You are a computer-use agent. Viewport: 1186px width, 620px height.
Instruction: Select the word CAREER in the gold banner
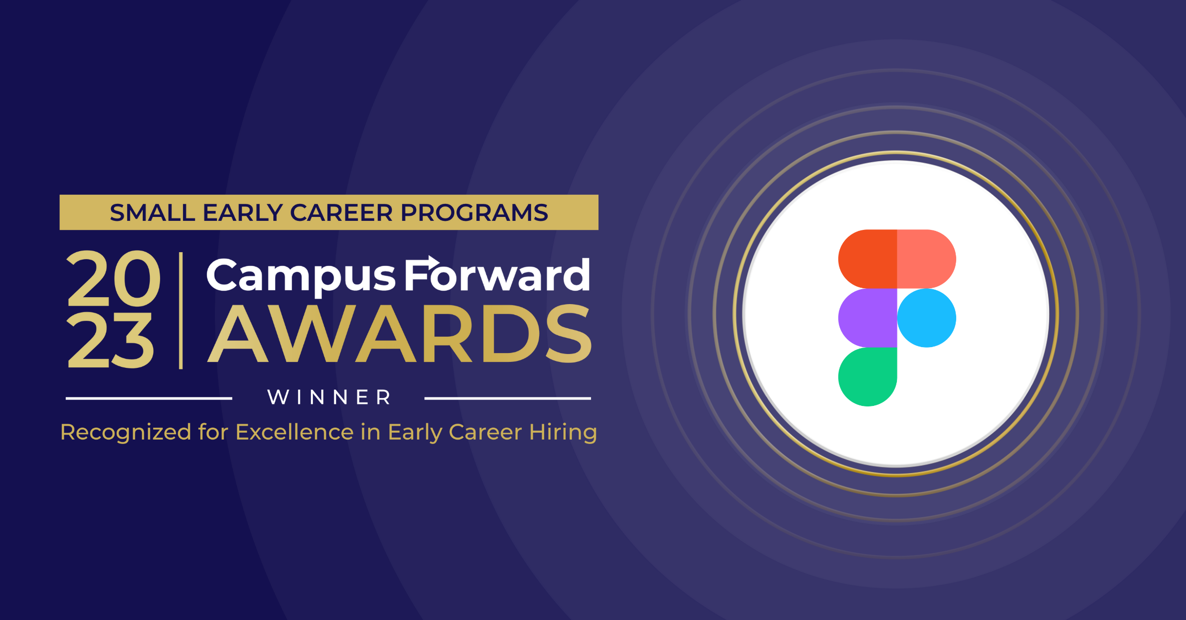341,213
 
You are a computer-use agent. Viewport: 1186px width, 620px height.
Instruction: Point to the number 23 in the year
110,341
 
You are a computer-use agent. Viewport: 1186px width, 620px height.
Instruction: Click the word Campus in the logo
300,276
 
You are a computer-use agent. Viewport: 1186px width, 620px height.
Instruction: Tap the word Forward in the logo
497,276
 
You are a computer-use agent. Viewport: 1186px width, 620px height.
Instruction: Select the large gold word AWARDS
399,334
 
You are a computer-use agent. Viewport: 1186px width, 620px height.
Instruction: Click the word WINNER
329,398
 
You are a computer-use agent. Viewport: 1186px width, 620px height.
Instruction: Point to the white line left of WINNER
149,398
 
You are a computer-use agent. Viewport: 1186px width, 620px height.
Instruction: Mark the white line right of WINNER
508,398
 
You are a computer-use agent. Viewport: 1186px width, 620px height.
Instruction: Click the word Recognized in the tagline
126,433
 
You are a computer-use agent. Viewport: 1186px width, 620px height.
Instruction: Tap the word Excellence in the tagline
295,432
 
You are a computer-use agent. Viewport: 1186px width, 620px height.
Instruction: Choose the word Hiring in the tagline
563,433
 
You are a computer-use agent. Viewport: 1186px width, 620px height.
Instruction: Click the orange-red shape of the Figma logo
868,259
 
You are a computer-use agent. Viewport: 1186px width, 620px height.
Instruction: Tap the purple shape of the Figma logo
868,318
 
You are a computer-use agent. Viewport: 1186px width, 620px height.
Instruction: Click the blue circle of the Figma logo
927,318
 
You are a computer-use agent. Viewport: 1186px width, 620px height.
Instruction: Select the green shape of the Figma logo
868,377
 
